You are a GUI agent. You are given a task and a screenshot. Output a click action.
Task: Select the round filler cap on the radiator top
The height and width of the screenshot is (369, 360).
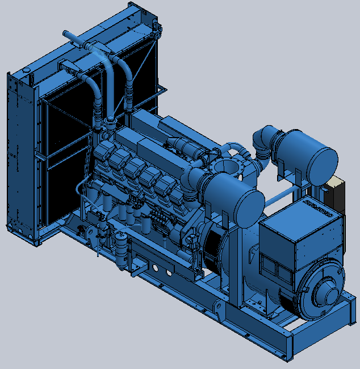pos(25,70)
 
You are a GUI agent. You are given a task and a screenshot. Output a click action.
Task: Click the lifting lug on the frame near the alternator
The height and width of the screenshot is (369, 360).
pos(219,308)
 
